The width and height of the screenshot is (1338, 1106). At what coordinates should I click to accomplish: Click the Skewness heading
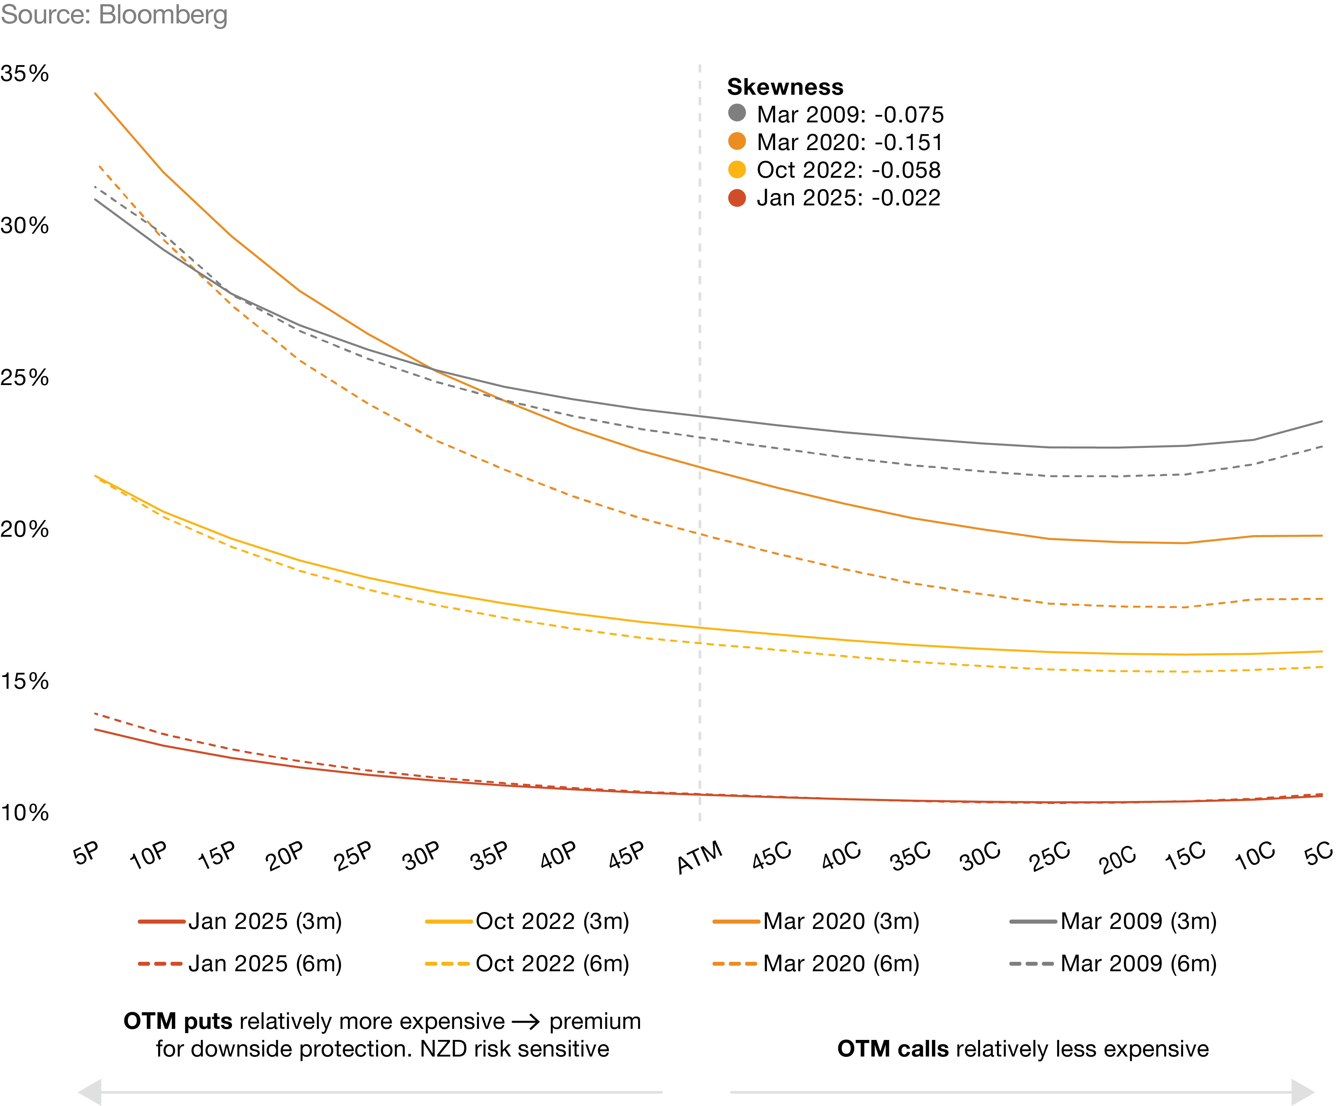tap(785, 87)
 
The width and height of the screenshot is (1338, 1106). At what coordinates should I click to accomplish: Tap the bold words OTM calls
tap(892, 1049)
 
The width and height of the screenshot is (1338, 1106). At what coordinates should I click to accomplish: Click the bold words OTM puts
tap(178, 1021)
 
